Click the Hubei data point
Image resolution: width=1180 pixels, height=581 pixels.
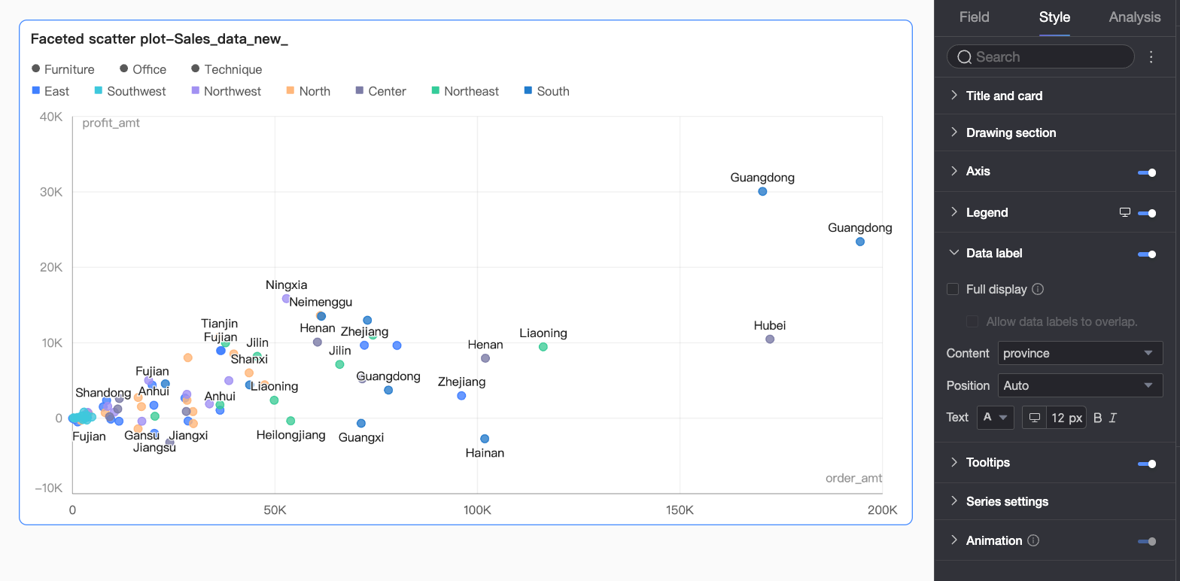770,339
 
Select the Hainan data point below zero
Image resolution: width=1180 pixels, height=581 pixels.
485,438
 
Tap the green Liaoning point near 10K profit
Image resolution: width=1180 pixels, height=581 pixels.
543,347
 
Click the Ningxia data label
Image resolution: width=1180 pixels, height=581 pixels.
286,285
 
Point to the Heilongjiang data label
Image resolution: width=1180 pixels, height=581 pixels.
290,435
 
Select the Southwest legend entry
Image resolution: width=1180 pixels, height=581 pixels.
129,91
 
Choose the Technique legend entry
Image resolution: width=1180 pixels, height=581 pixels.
227,69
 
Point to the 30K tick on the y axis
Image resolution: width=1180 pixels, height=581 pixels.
51,192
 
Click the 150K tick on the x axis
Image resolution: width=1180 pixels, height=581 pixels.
680,510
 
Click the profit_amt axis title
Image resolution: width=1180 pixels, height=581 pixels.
111,123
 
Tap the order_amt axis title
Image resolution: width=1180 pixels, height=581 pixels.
853,478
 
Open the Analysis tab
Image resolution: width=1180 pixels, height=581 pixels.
1134,17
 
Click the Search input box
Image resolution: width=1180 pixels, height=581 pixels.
1040,57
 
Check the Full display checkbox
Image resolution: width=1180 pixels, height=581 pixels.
953,289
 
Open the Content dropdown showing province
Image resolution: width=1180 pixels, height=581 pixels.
1080,353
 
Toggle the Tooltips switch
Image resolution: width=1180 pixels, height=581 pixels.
1147,464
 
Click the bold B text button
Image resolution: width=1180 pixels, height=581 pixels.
1097,418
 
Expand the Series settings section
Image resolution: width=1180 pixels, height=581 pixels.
1007,501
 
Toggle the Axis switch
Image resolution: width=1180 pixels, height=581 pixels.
1147,172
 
